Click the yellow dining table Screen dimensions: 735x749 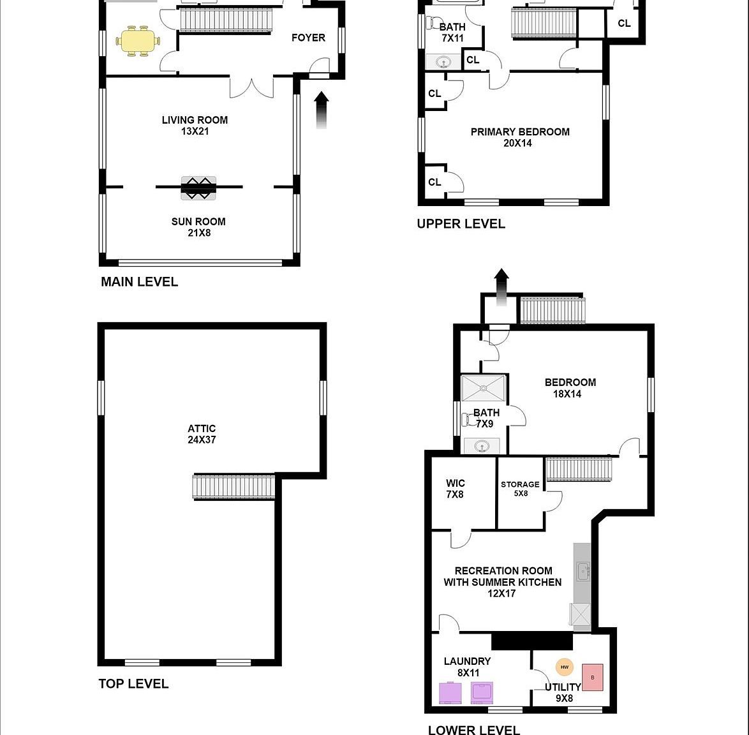pos(137,41)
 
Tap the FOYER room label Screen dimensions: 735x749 pos(308,38)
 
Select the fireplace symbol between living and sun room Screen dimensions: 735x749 pos(198,188)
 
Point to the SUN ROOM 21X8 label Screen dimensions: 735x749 pos(198,227)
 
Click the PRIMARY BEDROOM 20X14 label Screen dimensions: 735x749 pos(519,137)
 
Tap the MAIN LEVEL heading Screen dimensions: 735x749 pos(139,282)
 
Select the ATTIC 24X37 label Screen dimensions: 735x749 pos(202,434)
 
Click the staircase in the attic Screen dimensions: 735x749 pos(234,487)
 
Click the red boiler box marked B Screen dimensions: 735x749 pos(593,677)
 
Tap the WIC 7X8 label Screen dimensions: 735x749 pos(455,489)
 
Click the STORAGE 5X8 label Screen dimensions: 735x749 pos(520,489)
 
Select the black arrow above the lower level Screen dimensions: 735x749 pos(501,285)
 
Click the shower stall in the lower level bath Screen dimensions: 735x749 pos(484,388)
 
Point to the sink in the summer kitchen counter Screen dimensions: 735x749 pos(583,572)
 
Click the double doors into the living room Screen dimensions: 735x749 pos(251,88)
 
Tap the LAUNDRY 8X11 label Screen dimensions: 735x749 pos(467,667)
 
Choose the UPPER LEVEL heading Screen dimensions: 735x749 pos(461,224)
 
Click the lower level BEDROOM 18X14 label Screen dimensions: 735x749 pos(570,388)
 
